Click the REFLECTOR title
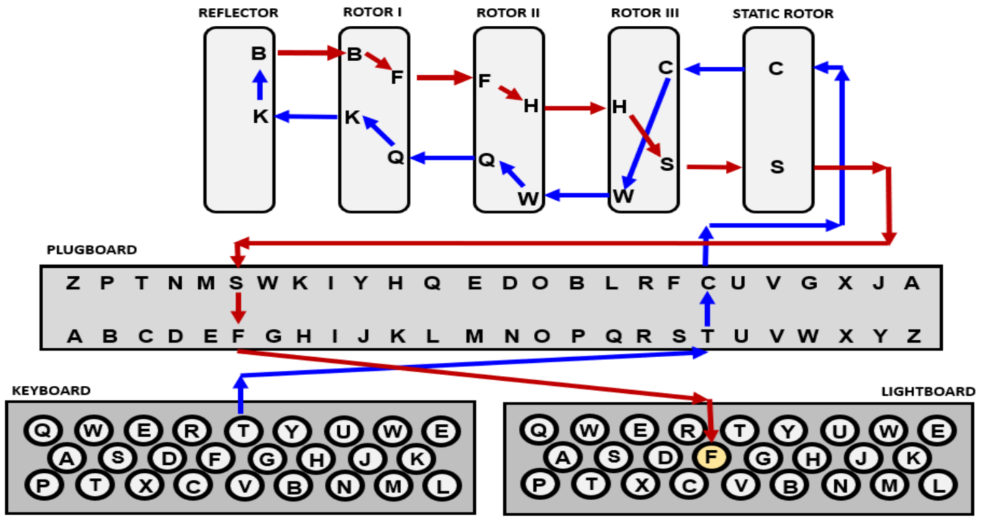tap(239, 13)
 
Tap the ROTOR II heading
tap(508, 13)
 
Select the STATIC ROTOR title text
tap(783, 14)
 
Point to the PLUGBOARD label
tap(91, 250)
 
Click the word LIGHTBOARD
tap(928, 392)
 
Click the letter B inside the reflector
tap(259, 53)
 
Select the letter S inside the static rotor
tap(777, 167)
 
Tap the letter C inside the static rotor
tap(775, 69)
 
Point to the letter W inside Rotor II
tap(528, 199)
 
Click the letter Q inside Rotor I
tap(396, 157)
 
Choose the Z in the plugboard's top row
tap(73, 283)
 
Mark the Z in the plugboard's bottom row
tap(913, 335)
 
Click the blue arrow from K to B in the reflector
tap(259, 85)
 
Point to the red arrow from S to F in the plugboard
tap(238, 309)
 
